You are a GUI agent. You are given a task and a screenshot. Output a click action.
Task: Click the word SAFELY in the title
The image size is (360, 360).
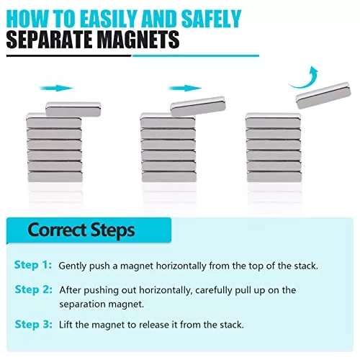click(x=211, y=19)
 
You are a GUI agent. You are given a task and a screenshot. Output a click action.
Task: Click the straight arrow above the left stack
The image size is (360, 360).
click(x=56, y=88)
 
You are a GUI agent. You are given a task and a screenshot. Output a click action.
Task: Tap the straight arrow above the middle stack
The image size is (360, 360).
click(x=185, y=88)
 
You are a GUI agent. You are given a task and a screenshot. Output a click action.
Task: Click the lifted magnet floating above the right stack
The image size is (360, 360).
click(x=323, y=95)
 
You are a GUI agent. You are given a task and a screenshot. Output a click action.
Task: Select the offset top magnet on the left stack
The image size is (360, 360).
click(x=73, y=109)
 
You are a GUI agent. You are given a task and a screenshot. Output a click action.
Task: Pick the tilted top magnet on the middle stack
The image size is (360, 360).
click(x=198, y=107)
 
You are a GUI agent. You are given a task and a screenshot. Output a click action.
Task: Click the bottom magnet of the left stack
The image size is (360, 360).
click(x=55, y=176)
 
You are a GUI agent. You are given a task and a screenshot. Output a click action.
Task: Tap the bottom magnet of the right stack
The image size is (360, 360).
click(x=274, y=176)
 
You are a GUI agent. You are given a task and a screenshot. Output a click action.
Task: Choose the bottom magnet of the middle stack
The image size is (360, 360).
click(x=169, y=176)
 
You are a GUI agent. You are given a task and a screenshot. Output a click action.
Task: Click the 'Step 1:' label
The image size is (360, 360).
click(x=33, y=265)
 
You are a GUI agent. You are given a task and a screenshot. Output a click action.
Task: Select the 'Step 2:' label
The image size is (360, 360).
click(x=34, y=289)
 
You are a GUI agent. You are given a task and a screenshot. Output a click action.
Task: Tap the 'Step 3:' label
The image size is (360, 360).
click(x=34, y=325)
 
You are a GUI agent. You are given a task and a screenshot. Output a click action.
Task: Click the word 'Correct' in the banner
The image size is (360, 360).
click(x=57, y=230)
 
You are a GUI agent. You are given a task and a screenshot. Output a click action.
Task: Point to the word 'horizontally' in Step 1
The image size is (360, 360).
click(x=181, y=266)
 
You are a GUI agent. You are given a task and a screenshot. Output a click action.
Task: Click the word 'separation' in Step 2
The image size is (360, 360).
click(x=83, y=305)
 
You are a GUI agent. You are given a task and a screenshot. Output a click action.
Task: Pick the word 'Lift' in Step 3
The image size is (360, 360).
click(x=66, y=325)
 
